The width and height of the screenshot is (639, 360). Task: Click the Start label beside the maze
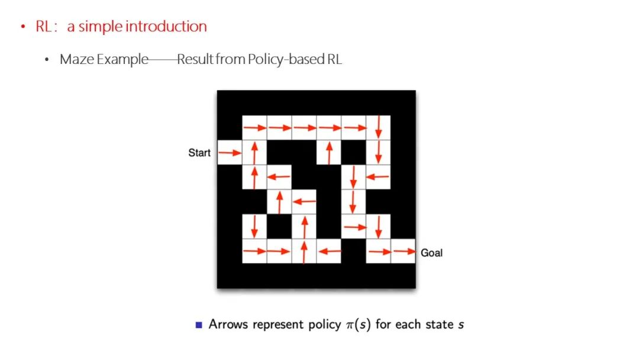pyautogui.click(x=199, y=153)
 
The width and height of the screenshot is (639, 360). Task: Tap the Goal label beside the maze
pyautogui.click(x=431, y=253)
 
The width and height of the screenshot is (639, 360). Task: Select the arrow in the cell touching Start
pyautogui.click(x=230, y=153)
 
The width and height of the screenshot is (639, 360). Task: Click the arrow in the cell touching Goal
pyautogui.click(x=404, y=252)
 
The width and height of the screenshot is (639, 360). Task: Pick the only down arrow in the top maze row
pyautogui.click(x=379, y=127)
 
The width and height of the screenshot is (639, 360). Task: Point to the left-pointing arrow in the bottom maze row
pyautogui.click(x=329, y=252)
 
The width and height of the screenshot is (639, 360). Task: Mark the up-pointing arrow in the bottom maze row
pyautogui.click(x=304, y=252)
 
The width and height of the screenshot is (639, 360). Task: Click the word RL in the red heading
pyautogui.click(x=44, y=27)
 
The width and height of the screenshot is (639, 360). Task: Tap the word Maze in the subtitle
pyautogui.click(x=73, y=60)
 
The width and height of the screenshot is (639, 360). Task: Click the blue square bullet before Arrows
pyautogui.click(x=199, y=324)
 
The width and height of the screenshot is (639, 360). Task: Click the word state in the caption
pyautogui.click(x=435, y=324)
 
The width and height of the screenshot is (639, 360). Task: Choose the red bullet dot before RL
pyautogui.click(x=23, y=27)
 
